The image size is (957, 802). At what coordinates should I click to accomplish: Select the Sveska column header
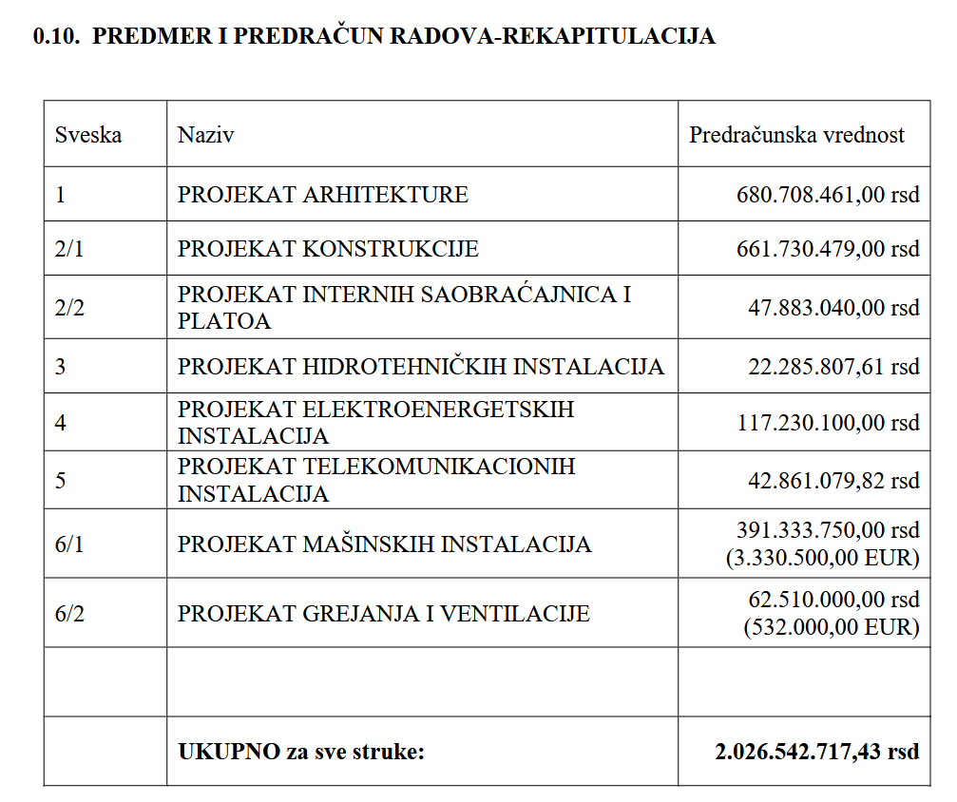pos(88,135)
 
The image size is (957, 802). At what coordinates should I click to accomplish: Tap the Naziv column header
pos(205,135)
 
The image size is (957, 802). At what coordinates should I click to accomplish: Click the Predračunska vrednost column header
pos(796,135)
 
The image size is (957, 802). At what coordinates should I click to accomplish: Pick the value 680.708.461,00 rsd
pos(828,195)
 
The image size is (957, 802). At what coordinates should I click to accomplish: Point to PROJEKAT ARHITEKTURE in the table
pos(322,195)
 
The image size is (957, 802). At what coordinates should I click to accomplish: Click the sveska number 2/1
pos(68,249)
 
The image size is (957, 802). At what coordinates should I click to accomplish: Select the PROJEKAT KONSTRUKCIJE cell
pos(328,249)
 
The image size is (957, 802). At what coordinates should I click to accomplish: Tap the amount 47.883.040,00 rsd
pos(833,308)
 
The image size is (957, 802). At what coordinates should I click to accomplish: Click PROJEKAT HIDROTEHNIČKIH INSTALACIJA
pos(420,367)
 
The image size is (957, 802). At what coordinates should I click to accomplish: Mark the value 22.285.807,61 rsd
pos(833,367)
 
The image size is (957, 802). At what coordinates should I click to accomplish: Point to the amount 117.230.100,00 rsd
pos(828,423)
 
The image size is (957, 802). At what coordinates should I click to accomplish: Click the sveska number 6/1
pos(68,544)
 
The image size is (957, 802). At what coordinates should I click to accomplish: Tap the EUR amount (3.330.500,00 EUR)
pos(822,558)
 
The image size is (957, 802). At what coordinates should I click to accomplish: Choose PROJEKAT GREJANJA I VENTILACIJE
pos(383,614)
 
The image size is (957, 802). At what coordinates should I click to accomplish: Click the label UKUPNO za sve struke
pos(300,752)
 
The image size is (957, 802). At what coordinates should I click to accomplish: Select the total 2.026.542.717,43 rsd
pos(816,752)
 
